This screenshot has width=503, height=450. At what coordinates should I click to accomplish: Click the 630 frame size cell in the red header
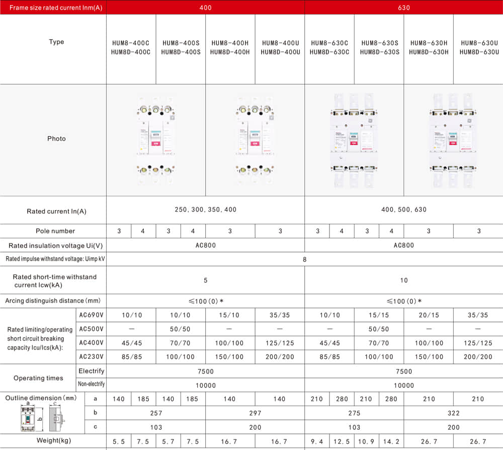403,8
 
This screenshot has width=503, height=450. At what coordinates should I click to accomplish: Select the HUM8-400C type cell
131,47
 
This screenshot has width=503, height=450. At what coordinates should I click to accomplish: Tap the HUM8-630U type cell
479,47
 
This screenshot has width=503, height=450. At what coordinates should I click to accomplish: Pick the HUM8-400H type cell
230,47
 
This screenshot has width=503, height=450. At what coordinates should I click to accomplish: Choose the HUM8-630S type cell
379,47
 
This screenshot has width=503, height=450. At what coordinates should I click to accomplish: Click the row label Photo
56,139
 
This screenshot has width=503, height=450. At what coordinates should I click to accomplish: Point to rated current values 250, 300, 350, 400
205,210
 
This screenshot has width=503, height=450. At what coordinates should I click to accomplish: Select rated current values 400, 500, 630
403,210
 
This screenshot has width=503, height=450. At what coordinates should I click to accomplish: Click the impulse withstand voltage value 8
304,259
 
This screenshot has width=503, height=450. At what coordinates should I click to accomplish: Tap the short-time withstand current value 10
403,280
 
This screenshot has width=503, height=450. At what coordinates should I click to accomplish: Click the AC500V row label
91,329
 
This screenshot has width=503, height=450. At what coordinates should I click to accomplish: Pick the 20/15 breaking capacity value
429,315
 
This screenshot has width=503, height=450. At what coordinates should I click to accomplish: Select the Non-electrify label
91,384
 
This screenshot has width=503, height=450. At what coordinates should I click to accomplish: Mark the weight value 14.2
391,442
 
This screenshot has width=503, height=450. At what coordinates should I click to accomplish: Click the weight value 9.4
317,442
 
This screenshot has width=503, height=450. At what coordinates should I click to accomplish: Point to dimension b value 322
453,413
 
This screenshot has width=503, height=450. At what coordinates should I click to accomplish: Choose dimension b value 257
156,413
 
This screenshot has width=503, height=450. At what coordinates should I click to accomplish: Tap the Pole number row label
55,231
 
